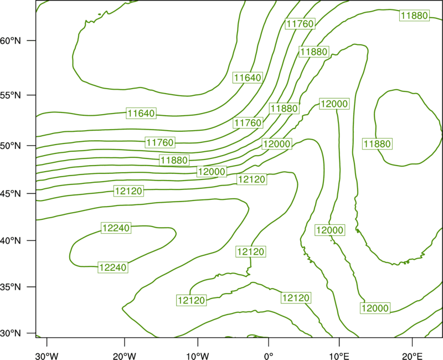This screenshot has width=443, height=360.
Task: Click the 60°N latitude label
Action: click(x=11, y=40)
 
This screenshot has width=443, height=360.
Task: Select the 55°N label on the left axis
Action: click(x=11, y=95)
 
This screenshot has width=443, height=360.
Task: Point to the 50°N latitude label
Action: click(x=11, y=146)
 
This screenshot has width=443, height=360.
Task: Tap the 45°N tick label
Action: click(x=11, y=193)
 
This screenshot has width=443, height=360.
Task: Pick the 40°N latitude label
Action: click(x=11, y=241)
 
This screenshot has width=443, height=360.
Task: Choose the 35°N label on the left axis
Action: click(x=11, y=287)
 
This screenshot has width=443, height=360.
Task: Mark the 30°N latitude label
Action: click(x=11, y=333)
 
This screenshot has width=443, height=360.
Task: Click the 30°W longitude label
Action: click(x=47, y=356)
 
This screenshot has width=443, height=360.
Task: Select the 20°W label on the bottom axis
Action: click(x=125, y=356)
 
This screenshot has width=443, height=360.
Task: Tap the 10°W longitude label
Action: click(x=198, y=356)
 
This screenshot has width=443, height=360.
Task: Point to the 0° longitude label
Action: click(x=269, y=356)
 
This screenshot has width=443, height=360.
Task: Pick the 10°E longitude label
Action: click(x=339, y=356)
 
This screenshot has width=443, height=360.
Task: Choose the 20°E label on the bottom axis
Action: click(x=412, y=356)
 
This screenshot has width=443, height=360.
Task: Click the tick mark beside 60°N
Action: click(x=32, y=40)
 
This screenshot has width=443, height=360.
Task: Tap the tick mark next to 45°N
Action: click(x=32, y=193)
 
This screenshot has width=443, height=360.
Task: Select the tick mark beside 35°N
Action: click(x=32, y=287)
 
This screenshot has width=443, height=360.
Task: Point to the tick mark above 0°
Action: click(x=269, y=342)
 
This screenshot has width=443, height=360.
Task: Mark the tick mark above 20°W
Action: click(x=125, y=342)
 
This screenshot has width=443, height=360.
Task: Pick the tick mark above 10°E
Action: click(x=339, y=342)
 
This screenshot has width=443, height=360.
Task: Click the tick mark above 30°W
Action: click(x=47, y=342)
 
